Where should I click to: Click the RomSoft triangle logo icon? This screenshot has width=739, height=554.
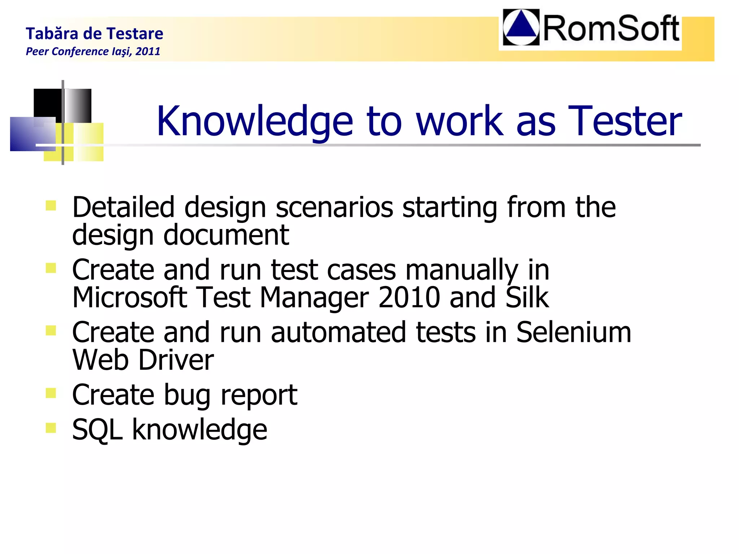[x=521, y=27]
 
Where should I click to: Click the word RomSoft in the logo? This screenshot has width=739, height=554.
[x=611, y=29]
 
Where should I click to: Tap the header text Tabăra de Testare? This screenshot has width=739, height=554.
[x=95, y=34]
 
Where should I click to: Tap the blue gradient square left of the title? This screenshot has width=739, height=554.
[x=32, y=134]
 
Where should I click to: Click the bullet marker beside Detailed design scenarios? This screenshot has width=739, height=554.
[x=51, y=206]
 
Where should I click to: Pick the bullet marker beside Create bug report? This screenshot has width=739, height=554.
[x=51, y=393]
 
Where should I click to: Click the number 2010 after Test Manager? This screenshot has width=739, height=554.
[x=409, y=297]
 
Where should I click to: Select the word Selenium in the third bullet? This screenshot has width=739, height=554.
[x=573, y=332]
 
